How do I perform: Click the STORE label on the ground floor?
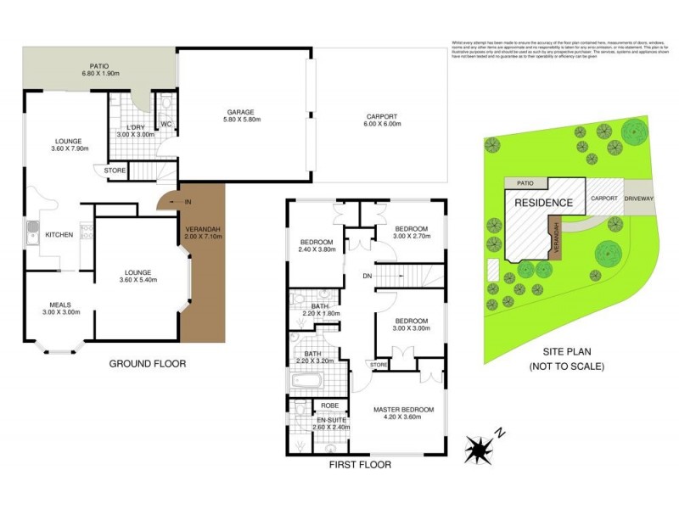coord(115,171)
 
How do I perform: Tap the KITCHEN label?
coord(59,234)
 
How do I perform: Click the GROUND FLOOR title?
coord(147,364)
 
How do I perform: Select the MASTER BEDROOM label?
coord(403,410)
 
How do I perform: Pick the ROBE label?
coord(328,405)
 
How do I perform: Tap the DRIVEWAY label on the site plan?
coord(637,198)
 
